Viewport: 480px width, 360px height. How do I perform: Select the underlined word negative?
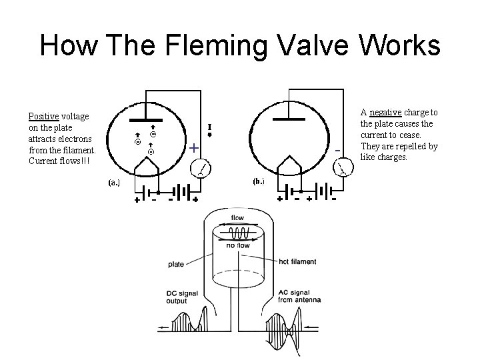point(385,112)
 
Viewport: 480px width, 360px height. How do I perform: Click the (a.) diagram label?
point(115,182)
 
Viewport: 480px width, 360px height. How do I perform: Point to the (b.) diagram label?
point(257,181)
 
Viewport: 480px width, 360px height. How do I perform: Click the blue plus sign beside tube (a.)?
point(193,148)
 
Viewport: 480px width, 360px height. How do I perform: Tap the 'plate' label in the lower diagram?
point(176,265)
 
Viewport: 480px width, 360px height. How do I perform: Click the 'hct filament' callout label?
point(298,261)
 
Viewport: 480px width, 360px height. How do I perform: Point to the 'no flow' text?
point(237,245)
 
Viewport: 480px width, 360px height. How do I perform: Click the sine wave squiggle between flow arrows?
point(238,233)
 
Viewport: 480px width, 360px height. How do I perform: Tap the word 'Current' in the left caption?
point(45,161)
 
